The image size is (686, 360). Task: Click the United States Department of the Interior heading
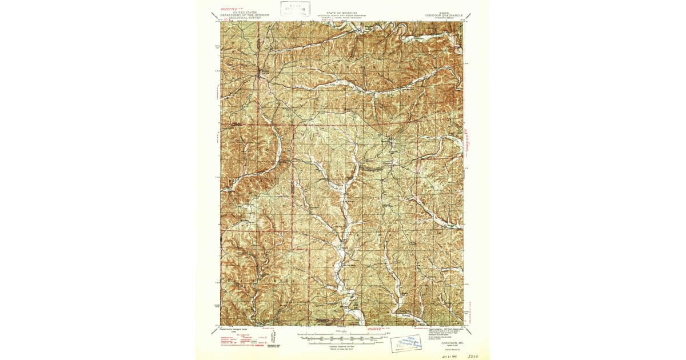pos(241,15)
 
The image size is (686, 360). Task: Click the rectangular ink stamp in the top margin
pos(295,9)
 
